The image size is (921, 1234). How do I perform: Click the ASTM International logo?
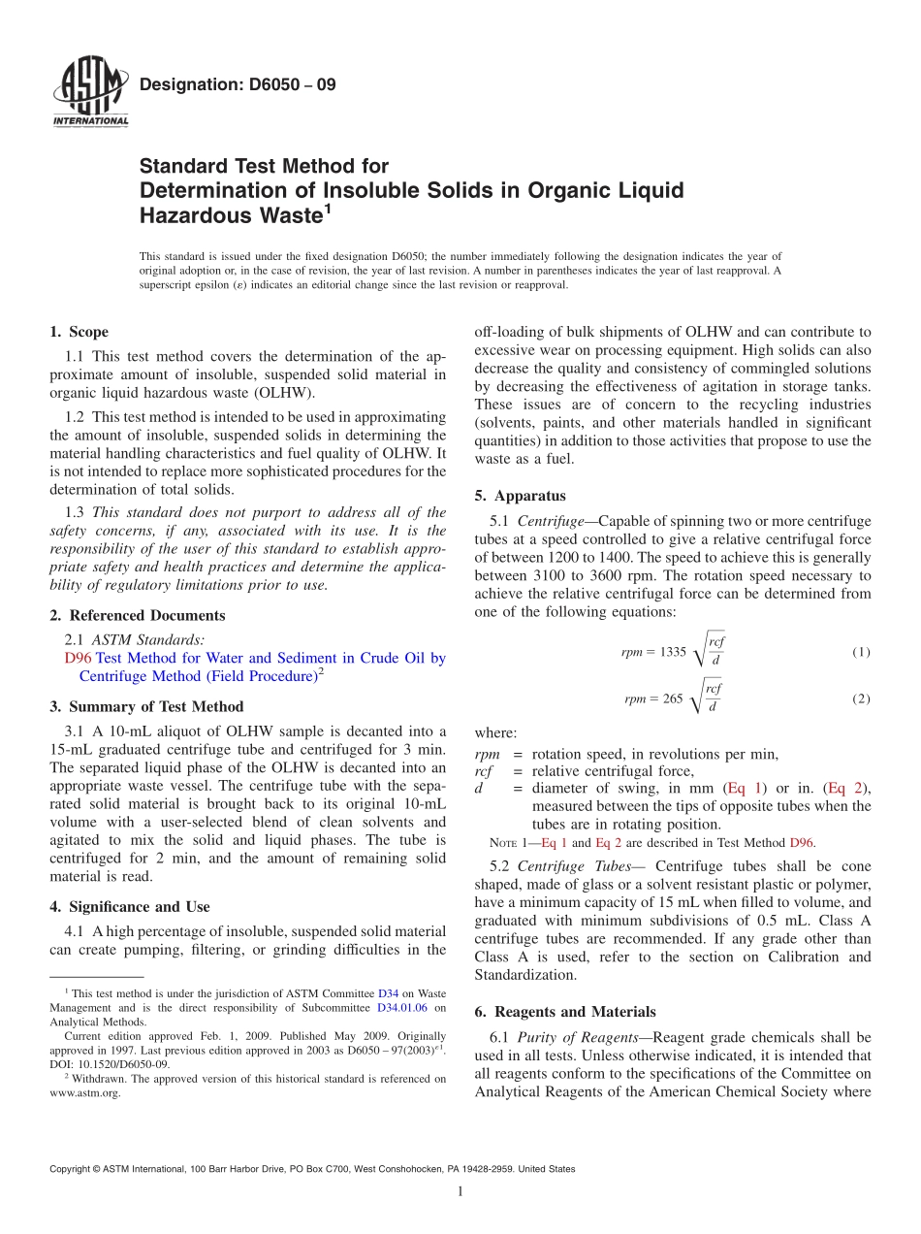point(89,93)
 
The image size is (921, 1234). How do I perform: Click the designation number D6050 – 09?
point(238,85)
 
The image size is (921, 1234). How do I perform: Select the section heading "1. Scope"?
point(79,332)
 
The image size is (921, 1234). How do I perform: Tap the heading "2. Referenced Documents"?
point(137,615)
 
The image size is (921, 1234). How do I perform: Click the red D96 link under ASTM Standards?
point(78,658)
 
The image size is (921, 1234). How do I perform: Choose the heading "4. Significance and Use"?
point(129,907)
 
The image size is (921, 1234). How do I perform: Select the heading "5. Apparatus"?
point(520,496)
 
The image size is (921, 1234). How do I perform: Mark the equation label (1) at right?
point(861,652)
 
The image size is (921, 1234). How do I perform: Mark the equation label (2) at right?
point(861,698)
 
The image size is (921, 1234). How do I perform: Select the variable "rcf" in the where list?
point(484,771)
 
